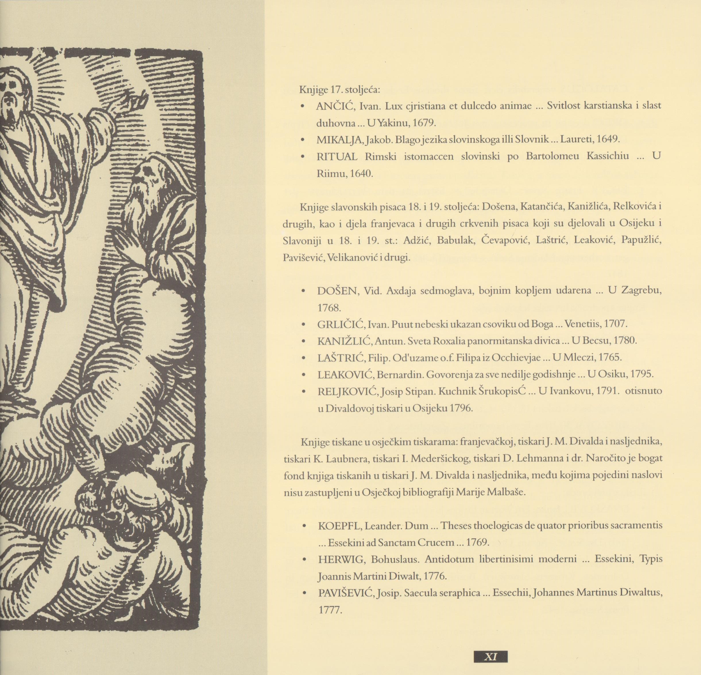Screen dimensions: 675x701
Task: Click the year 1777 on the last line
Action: pyautogui.click(x=330, y=610)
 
